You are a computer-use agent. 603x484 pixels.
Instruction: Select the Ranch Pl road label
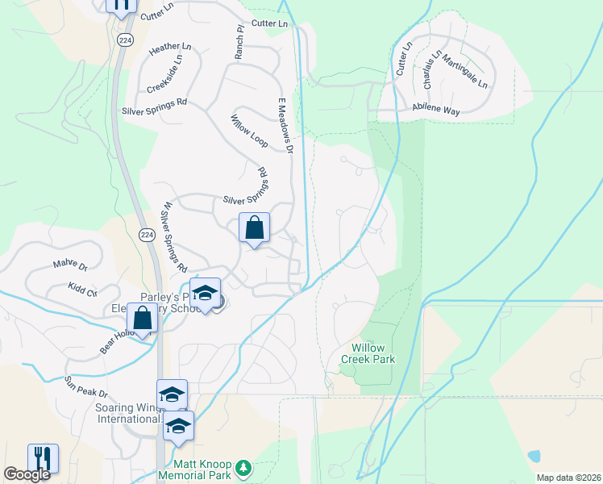pyautogui.click(x=239, y=41)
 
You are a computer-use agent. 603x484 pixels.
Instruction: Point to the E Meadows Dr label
pyautogui.click(x=283, y=124)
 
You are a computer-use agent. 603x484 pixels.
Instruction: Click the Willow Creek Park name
pyautogui.click(x=368, y=353)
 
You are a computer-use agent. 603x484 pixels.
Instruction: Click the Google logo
pyautogui.click(x=27, y=474)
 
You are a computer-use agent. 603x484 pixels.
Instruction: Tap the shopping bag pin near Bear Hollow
pyautogui.click(x=142, y=319)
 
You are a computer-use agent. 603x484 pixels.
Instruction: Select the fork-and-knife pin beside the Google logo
pyautogui.click(x=43, y=458)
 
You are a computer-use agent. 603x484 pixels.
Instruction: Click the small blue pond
pyautogui.click(x=534, y=457)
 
